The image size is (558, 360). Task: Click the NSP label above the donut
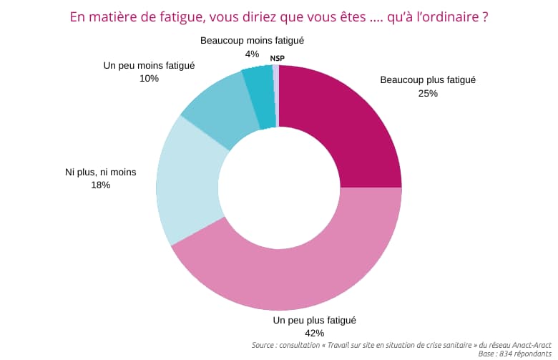click(x=277, y=58)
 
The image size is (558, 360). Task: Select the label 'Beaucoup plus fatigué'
click(x=428, y=80)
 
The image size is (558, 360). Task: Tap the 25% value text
click(x=427, y=93)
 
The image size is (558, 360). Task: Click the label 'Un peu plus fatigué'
click(x=315, y=320)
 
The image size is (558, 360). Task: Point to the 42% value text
click(x=314, y=333)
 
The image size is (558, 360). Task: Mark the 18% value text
click(x=100, y=185)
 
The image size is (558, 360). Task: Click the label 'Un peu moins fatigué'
click(x=149, y=65)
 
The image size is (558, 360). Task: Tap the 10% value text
click(x=149, y=78)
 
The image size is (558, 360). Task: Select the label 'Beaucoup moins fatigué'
click(x=252, y=41)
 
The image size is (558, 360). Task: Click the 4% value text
click(x=252, y=54)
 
